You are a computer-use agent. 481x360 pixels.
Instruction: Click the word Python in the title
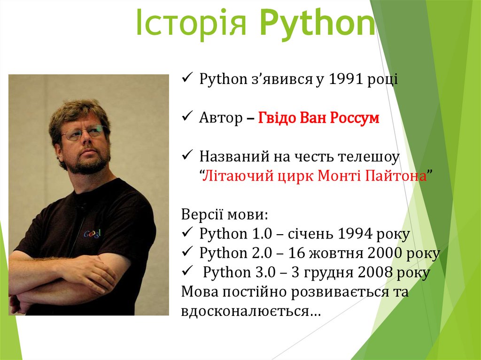[317, 23]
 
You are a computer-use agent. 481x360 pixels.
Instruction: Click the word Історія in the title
[192, 23]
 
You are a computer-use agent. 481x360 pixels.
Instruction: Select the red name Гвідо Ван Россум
[318, 118]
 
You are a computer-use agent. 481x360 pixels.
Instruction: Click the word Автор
[219, 118]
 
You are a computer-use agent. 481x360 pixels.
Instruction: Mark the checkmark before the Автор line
[186, 117]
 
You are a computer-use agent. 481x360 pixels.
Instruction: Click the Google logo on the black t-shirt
[93, 234]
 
